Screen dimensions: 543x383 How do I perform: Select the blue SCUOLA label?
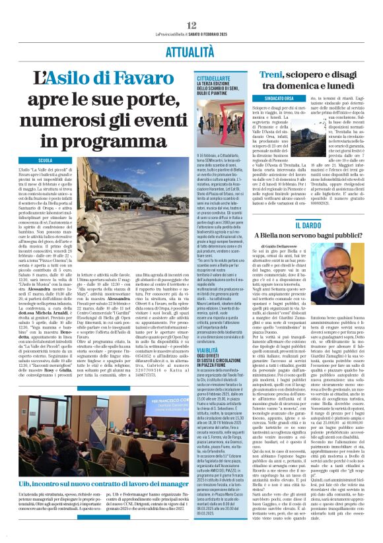click(x=46, y=160)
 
